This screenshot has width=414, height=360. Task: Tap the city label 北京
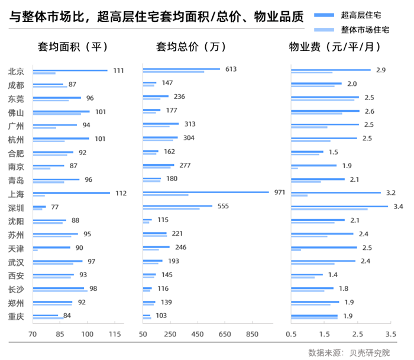tap(16, 71)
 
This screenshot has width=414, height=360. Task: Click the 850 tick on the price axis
tap(253, 334)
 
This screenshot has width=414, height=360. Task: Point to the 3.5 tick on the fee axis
tap(390, 334)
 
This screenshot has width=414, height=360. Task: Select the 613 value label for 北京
tap(231, 69)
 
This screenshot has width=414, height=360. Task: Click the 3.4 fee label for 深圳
tap(398, 207)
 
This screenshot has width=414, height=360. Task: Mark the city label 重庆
tap(16, 316)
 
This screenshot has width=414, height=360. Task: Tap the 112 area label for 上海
tap(121, 193)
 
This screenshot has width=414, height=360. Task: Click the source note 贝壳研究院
tap(371, 352)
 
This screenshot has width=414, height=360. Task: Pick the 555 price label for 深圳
tap(223, 207)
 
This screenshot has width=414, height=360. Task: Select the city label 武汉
tap(16, 262)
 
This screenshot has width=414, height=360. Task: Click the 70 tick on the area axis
tap(33, 334)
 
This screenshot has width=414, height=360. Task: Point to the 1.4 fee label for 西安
tap(333, 275)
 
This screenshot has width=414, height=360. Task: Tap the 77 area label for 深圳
tap(55, 207)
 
